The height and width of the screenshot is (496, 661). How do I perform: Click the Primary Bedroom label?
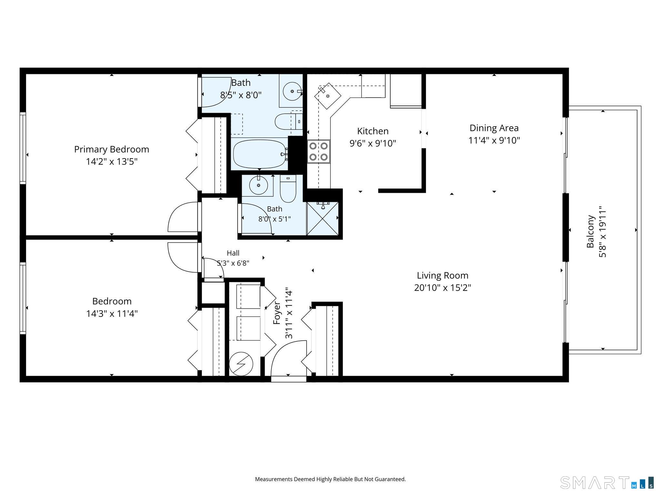[x=112, y=149]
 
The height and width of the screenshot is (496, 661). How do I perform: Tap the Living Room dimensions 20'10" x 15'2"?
[x=442, y=287]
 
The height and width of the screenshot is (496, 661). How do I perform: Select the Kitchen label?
[x=373, y=131]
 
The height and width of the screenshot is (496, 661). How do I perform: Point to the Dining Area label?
[x=494, y=128]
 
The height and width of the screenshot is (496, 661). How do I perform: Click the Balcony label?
[x=590, y=232]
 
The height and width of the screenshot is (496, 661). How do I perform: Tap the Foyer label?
[x=277, y=313]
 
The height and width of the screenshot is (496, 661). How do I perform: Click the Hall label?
[x=233, y=253]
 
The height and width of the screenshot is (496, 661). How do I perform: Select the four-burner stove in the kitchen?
[x=319, y=151]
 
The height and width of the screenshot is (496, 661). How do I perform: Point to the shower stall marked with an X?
[x=322, y=218]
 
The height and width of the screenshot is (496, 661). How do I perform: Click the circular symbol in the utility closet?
[x=241, y=364]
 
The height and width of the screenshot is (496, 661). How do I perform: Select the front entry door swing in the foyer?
[x=288, y=358]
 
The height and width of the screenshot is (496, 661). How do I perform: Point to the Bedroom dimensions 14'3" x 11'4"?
[x=112, y=314]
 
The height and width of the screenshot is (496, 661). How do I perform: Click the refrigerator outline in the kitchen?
[x=406, y=91]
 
